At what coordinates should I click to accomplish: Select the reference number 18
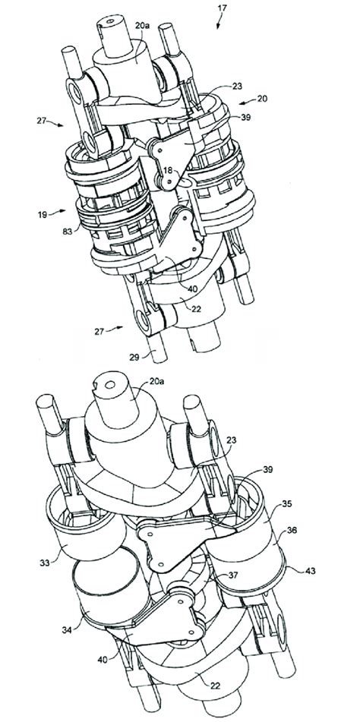pyautogui.click(x=168, y=172)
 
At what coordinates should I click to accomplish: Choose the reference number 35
pyautogui.click(x=287, y=503)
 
